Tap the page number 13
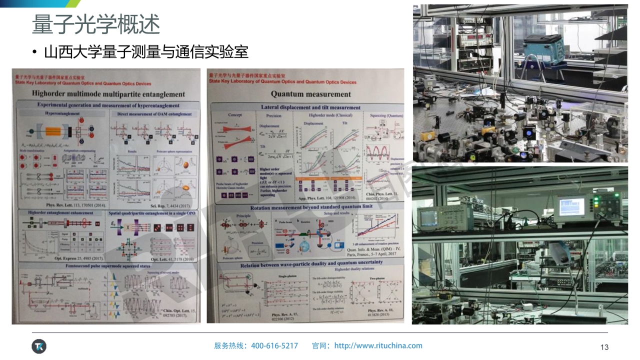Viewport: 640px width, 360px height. click(x=604, y=347)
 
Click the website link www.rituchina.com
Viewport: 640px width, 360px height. click(x=378, y=345)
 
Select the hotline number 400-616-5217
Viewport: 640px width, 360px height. click(x=274, y=345)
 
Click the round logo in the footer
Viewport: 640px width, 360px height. click(x=38, y=346)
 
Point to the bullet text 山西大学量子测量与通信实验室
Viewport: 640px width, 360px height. click(x=146, y=52)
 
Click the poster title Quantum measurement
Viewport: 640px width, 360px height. click(x=310, y=93)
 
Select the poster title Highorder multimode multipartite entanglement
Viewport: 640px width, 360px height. click(x=108, y=93)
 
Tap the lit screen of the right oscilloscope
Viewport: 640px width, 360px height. click(x=570, y=205)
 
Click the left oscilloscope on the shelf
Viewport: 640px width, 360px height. click(x=432, y=216)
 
